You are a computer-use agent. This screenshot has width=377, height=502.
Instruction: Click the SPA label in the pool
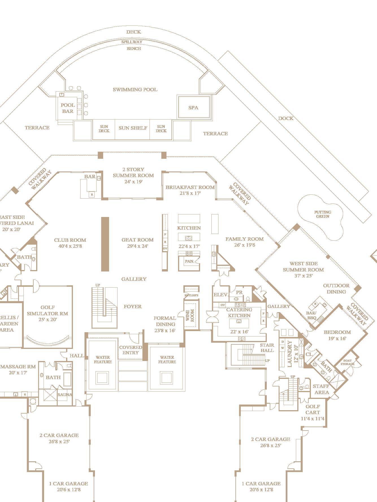[193, 108]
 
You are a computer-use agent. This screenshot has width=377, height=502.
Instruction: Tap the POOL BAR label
[68, 108]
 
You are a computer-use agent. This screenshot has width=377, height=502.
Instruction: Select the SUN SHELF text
[133, 128]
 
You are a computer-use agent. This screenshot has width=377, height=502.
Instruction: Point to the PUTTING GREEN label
[322, 214]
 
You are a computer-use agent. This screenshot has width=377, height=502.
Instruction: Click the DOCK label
[286, 118]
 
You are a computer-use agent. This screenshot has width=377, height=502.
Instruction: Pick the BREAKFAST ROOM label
[190, 187]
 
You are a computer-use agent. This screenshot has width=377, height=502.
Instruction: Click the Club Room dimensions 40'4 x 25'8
[70, 246]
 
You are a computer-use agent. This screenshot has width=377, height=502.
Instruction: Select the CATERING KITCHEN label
[239, 312]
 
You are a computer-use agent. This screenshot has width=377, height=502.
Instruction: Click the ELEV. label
[221, 295]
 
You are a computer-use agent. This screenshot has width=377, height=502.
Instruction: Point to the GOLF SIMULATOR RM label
[47, 310]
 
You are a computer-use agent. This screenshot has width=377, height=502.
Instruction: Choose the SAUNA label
[65, 395]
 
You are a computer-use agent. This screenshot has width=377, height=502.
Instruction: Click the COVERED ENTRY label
[131, 350]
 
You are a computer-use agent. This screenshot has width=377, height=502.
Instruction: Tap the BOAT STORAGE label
[347, 362]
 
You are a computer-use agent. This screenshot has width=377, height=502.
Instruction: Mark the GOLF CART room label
[313, 409]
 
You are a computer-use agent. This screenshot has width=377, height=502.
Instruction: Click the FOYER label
[133, 307]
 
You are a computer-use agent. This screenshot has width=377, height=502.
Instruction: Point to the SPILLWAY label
[132, 42]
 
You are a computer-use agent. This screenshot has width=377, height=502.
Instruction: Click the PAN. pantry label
[189, 261]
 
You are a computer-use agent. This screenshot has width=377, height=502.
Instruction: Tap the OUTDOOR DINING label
[336, 288]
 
